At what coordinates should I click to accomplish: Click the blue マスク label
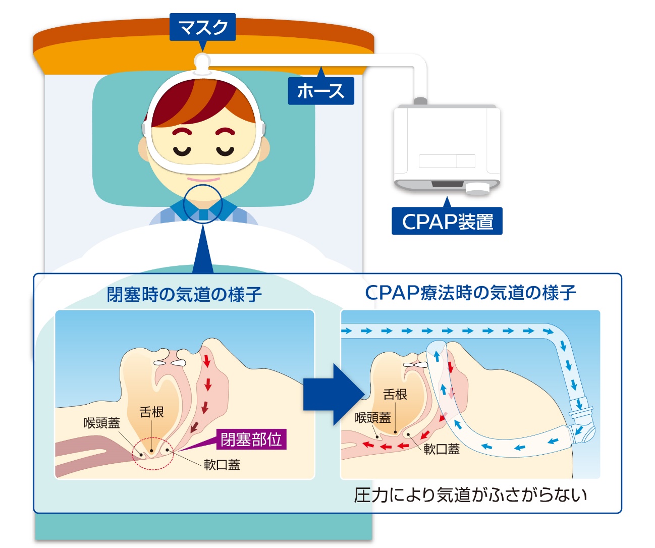(x=203, y=27)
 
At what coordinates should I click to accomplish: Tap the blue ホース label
(x=321, y=91)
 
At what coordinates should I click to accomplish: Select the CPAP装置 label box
(x=447, y=221)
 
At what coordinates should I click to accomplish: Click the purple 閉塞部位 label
(x=251, y=439)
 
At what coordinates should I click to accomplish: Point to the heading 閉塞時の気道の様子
(x=184, y=294)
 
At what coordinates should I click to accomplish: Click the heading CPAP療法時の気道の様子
(x=470, y=292)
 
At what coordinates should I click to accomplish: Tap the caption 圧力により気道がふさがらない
(x=470, y=495)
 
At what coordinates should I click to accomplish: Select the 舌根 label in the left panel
(x=151, y=412)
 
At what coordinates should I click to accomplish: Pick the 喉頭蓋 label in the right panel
(x=373, y=418)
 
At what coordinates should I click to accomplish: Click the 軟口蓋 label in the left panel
(x=222, y=465)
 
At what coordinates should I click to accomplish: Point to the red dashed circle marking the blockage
(x=153, y=453)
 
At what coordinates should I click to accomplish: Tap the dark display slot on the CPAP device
(x=447, y=184)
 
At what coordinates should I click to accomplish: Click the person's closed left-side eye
(x=182, y=150)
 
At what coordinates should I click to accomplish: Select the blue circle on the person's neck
(x=202, y=204)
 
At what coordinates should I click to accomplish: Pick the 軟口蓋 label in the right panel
(x=442, y=449)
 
